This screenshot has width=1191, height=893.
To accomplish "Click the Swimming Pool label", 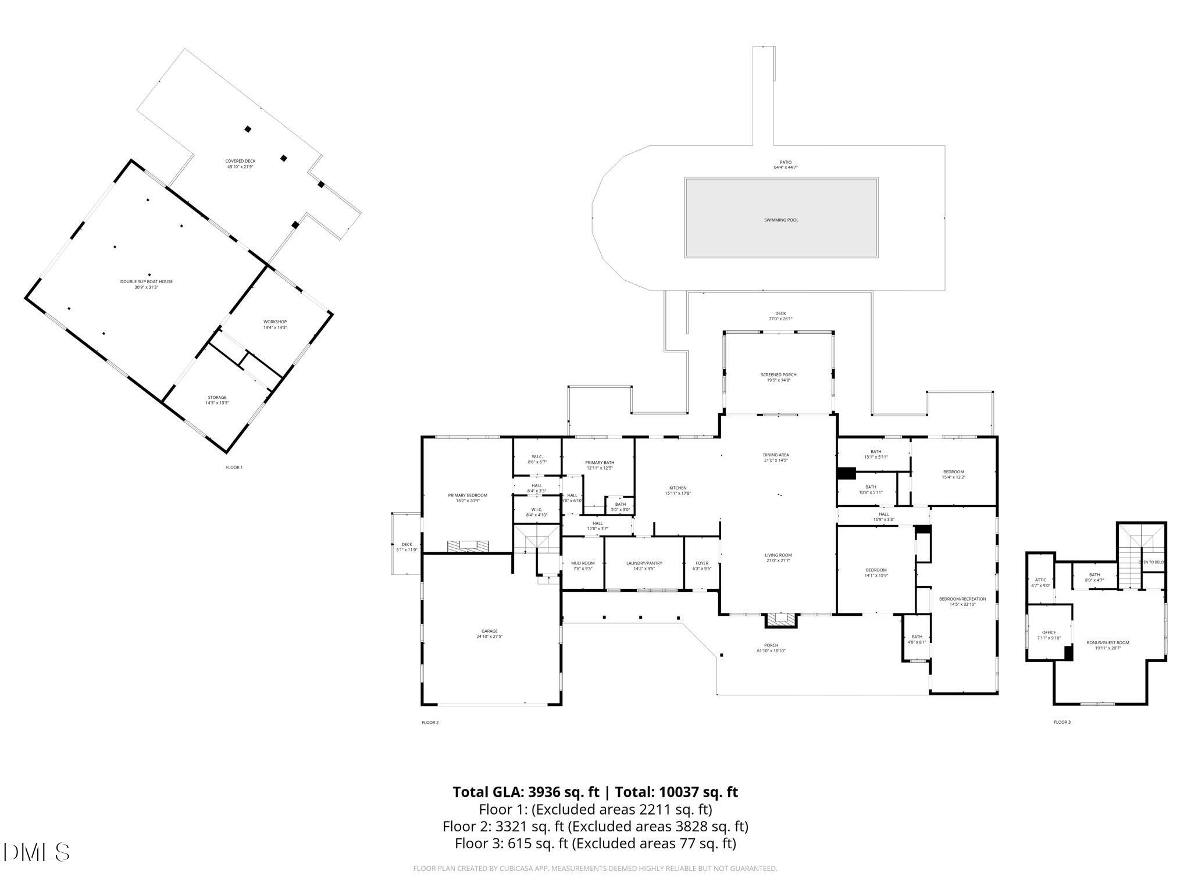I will [780, 220].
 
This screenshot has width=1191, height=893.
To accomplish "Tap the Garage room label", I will [489, 631].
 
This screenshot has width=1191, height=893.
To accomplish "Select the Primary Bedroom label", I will [468, 495].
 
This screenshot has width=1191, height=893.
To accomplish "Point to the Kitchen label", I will [677, 488].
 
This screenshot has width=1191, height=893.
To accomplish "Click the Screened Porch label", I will [778, 375].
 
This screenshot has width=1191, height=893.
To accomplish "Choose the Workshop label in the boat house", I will [275, 322].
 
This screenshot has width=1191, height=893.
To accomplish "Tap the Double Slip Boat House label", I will [147, 282].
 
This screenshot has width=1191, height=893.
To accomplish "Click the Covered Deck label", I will [240, 161].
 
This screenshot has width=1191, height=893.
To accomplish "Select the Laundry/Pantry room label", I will [644, 563].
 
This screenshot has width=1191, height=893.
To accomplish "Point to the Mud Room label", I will [583, 563].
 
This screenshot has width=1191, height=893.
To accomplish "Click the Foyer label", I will [702, 563].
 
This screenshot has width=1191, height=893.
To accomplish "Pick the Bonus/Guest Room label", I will [1108, 643].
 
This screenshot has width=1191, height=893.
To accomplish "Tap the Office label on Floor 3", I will [1049, 633].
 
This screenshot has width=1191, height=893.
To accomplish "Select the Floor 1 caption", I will [234, 467].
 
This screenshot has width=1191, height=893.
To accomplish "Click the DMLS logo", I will [36, 852].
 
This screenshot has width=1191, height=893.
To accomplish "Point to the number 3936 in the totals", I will [547, 792].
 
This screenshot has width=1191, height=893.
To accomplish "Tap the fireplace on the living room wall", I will [780, 621].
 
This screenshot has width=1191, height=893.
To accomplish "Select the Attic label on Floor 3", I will [1040, 580].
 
